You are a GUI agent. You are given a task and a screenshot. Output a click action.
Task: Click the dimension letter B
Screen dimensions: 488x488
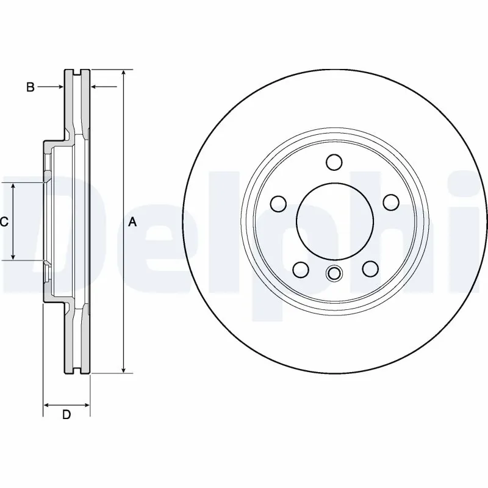(30, 87)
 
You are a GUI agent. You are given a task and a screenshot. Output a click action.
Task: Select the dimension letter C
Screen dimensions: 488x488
(4, 222)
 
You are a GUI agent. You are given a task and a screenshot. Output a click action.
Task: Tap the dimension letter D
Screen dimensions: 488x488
(66, 415)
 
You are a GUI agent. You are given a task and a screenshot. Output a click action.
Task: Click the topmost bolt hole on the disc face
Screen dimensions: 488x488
(334, 162)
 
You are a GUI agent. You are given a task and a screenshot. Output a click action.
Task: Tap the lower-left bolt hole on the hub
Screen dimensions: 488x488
(300, 268)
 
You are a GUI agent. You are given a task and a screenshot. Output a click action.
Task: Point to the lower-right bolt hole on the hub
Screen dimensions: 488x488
(369, 268)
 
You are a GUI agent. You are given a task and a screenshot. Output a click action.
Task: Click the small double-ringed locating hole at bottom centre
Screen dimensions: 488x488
(334, 274)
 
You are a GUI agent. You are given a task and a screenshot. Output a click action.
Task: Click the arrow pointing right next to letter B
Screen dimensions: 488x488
(60, 87)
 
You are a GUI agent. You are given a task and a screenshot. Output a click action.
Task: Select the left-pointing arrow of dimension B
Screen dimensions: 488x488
(95, 87)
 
